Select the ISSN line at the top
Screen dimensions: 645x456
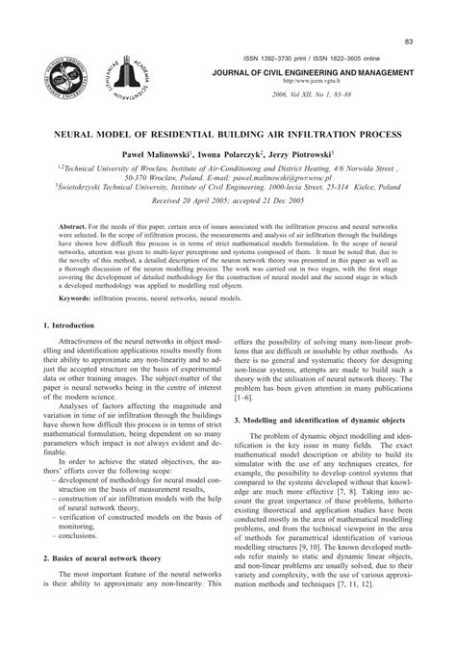pyautogui.click(x=322, y=57)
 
